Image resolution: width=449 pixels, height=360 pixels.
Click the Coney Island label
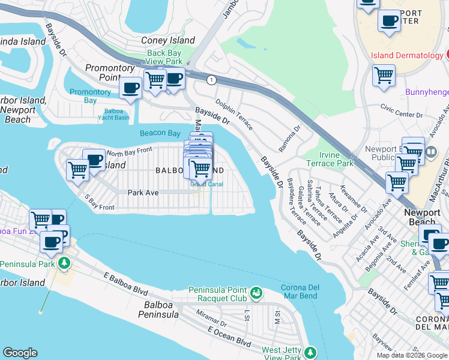coord(167,40)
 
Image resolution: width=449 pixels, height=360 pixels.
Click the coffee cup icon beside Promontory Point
coord(130,88)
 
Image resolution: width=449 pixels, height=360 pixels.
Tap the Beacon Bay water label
coord(160,133)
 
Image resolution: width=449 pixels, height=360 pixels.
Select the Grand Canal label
coord(206,184)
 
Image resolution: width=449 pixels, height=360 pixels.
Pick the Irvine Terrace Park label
coord(330,159)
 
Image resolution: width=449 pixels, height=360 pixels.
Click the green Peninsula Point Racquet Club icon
coord(257,292)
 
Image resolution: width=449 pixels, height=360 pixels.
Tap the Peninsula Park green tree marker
coord(64,263)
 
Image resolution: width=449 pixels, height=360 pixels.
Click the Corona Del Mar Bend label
coord(300,292)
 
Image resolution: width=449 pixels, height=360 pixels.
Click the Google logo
coord(20,353)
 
